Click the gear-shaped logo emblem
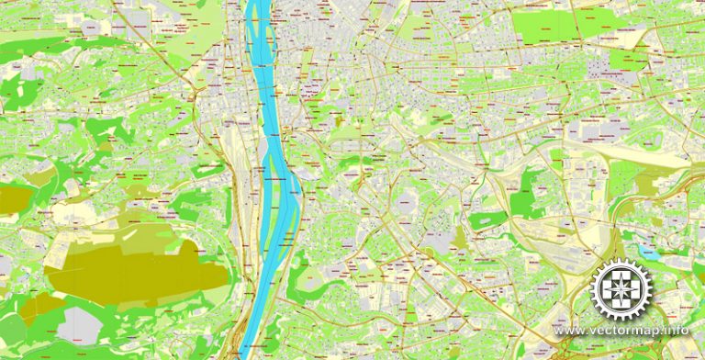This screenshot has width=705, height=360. [623, 290]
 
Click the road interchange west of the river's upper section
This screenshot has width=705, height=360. [195, 92]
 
